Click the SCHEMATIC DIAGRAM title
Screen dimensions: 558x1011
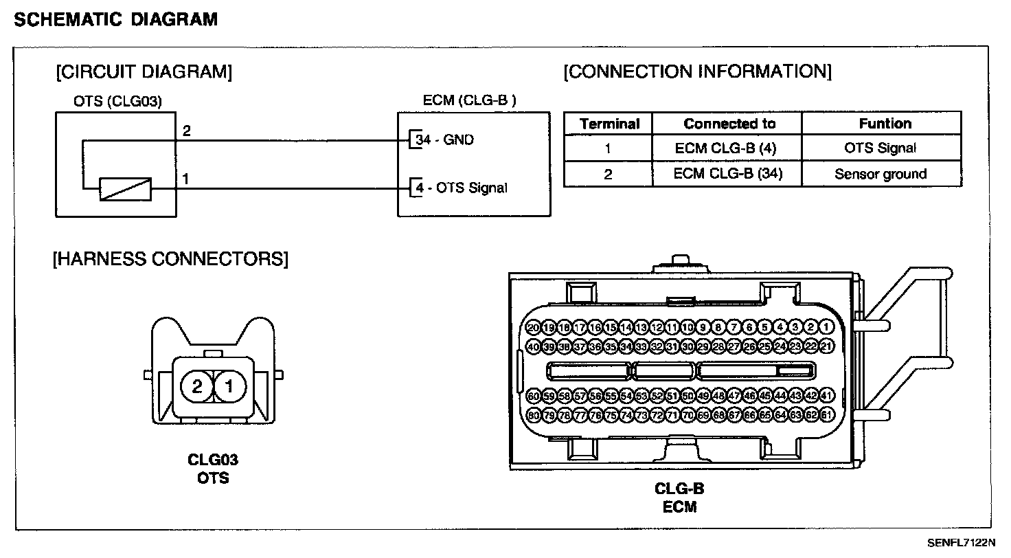[116, 19]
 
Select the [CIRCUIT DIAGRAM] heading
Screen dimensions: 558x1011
[144, 71]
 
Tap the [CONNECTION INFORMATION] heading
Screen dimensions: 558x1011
[697, 71]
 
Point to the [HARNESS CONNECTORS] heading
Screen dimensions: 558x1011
[170, 259]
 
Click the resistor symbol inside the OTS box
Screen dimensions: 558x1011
[125, 189]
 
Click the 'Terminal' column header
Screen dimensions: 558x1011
[609, 124]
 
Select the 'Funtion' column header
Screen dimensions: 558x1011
[885, 124]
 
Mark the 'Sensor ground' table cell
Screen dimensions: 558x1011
[881, 174]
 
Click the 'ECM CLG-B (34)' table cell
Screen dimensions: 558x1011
[727, 174]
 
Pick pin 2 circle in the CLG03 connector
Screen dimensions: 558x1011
[197, 387]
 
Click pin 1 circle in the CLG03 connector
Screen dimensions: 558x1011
[229, 387]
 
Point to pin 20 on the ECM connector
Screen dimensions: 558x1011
[534, 328]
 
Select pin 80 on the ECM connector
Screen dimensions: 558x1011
[534, 415]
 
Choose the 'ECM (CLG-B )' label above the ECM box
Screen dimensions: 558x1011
[470, 100]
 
